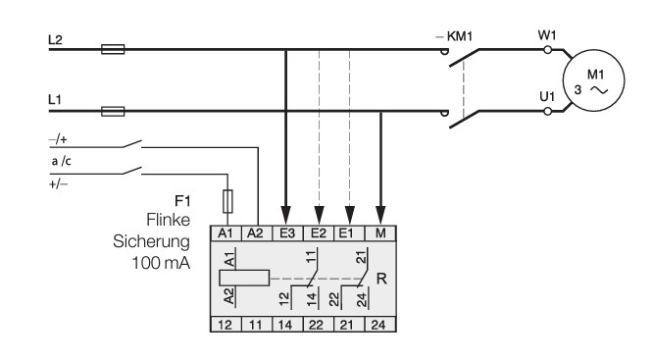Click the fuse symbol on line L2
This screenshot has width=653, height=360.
[x=113, y=50]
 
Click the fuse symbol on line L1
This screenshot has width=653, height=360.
[x=113, y=111]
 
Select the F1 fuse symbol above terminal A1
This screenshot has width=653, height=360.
[x=227, y=202]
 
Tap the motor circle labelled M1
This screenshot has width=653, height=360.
[x=593, y=80]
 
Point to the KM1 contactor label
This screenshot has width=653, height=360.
[x=459, y=36]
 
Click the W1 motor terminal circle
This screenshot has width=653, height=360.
[x=548, y=50]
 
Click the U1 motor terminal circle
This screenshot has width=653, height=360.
[x=548, y=111]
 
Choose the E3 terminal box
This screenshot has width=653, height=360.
[x=287, y=233]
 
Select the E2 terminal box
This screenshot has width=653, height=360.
[x=319, y=233]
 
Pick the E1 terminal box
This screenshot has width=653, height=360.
[x=350, y=233]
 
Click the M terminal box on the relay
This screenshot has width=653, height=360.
[x=380, y=233]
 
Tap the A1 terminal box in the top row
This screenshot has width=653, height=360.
[x=226, y=233]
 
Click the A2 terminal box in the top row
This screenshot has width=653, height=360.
[x=257, y=233]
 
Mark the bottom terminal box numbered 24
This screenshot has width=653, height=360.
[x=380, y=324]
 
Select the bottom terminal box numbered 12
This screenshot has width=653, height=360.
[x=226, y=324]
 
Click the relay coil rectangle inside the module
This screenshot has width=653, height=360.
[x=244, y=278]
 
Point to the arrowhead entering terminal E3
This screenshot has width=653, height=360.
[x=285, y=216]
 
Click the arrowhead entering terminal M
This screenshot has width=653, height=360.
[x=380, y=216]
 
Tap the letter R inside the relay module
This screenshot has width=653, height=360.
[x=381, y=279]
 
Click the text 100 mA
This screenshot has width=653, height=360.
[x=161, y=263]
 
